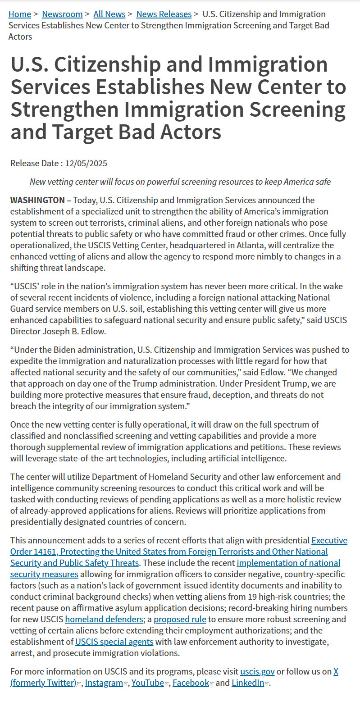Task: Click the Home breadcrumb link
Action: coord(20,14)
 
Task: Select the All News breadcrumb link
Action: coord(109,14)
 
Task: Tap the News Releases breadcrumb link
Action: coord(164,14)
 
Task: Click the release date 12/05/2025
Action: coord(86,163)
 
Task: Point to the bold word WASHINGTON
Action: coord(37,200)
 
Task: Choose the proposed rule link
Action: coord(180,619)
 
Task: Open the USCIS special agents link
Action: coord(114,642)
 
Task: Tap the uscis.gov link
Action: coord(257,671)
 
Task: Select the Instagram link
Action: coord(104,683)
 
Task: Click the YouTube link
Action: coord(148,683)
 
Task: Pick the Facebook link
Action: coord(191,683)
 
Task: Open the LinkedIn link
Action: coord(248,683)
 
